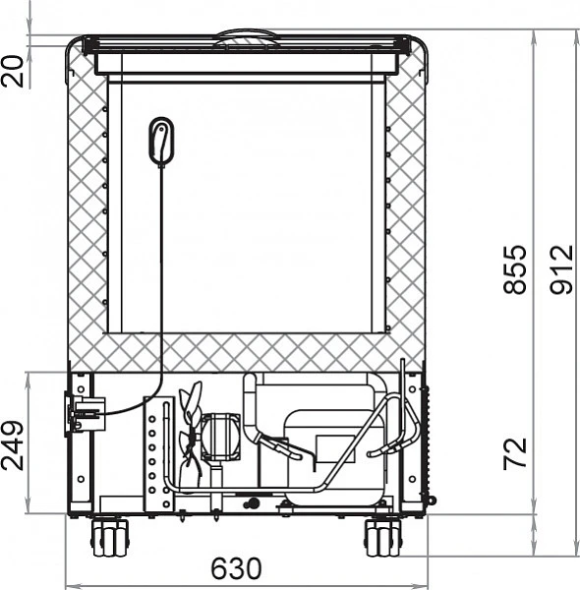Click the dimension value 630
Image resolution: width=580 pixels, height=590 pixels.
coord(236,568)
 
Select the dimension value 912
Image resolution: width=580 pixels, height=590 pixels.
coord(562,269)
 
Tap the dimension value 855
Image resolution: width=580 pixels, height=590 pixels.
coord(514,269)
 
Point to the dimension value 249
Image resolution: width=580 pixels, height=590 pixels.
coord(13,445)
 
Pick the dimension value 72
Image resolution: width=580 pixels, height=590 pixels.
coord(514,453)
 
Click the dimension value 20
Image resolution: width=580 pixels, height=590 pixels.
coord(13,72)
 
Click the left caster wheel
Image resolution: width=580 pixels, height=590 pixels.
coord(109,537)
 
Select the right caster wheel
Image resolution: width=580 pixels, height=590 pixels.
coord(383,537)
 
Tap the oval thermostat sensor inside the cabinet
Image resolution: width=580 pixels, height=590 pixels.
coord(162,141)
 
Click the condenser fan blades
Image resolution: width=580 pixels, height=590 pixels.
coord(191,433)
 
